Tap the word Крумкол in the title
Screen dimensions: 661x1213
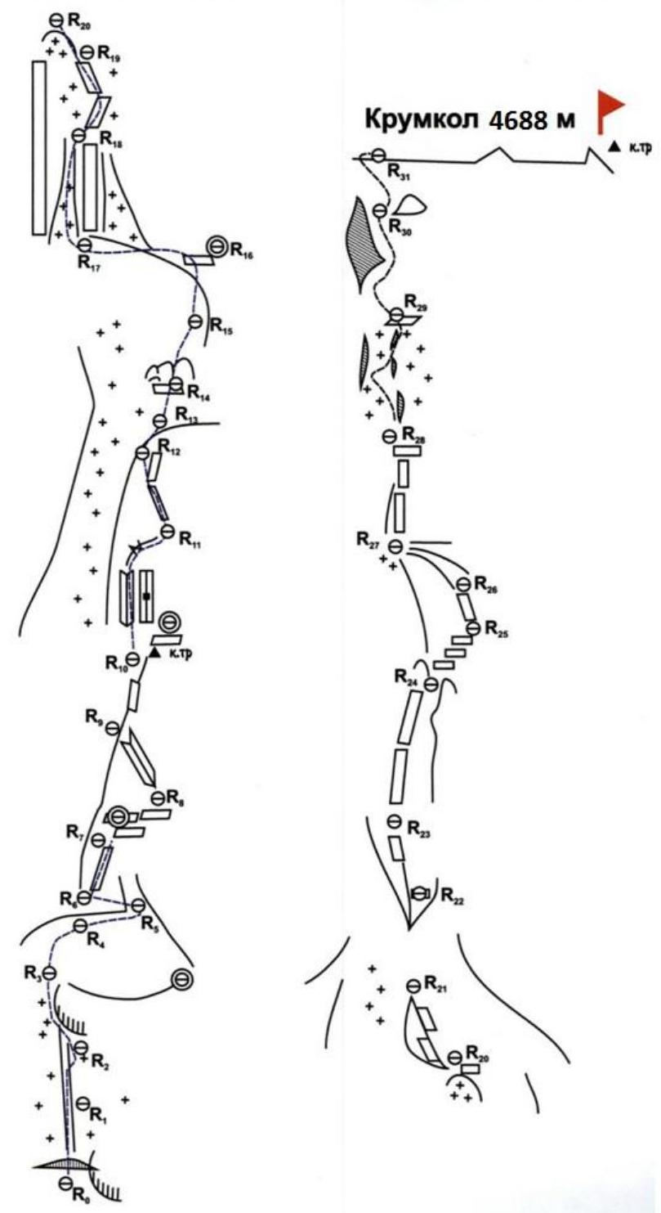[x=422, y=119]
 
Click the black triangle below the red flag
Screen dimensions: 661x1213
[x=614, y=146]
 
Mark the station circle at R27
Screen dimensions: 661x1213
[x=396, y=546]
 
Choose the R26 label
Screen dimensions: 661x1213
[x=485, y=584]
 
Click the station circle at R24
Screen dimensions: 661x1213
[x=431, y=684]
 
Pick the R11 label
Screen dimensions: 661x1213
[x=190, y=540]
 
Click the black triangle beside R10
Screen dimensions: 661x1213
[x=154, y=654]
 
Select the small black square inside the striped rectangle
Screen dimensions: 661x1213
[x=146, y=596]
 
